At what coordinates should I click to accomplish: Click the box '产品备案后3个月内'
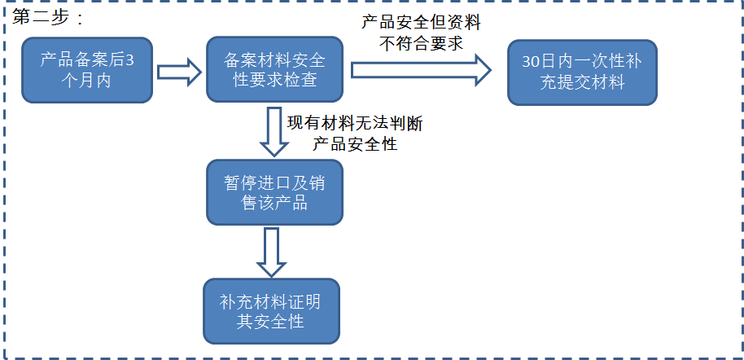pos(87,70)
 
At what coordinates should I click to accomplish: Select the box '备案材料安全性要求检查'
pos(275,70)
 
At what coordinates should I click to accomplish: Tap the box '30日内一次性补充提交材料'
pos(582,72)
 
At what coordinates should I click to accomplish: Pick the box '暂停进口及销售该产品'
pos(275,192)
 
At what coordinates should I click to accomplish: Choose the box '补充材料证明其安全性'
pos(269,312)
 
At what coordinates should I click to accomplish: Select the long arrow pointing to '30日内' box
pos(420,71)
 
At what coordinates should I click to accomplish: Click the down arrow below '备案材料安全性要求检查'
pos(274,131)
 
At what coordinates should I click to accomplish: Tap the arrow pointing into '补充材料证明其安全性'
pos(270,252)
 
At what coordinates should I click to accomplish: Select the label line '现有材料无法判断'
pos(354,124)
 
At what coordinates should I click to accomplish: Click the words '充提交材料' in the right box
pos(583,81)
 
